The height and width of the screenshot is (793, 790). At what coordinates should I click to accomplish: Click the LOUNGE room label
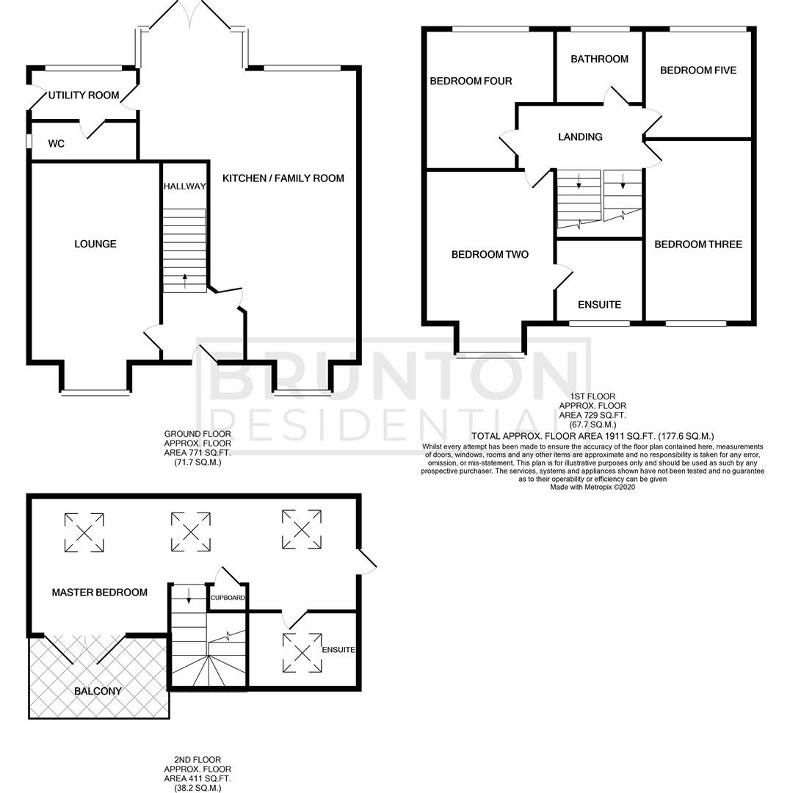[x=95, y=244]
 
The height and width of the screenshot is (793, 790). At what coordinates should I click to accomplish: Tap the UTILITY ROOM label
[x=84, y=95]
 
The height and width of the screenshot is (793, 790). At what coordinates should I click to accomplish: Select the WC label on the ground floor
[x=56, y=144]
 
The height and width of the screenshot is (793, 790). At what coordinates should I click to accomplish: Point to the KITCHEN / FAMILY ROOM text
[x=283, y=178]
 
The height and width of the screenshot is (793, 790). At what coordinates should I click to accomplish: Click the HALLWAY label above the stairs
[x=184, y=187]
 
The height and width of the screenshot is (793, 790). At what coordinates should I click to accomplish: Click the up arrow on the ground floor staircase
[x=184, y=278]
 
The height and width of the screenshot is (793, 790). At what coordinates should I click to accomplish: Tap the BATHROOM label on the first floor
[x=599, y=59]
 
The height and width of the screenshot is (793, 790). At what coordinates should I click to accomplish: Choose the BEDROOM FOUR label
[x=471, y=81]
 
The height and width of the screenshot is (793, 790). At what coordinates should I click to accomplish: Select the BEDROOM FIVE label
[x=697, y=70]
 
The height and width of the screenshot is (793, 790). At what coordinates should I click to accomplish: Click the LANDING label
[x=580, y=137]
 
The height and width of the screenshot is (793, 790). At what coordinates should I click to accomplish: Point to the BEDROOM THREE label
[x=697, y=245]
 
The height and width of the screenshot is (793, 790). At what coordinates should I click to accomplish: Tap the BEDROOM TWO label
[x=490, y=255]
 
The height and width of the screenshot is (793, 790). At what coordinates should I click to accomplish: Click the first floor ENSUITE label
[x=599, y=305]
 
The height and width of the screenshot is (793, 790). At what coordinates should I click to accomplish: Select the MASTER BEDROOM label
[x=99, y=593]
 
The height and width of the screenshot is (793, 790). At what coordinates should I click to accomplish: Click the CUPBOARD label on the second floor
[x=228, y=598]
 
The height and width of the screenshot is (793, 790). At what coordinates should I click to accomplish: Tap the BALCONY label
[x=98, y=691]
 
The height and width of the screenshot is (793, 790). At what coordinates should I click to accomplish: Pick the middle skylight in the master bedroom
[x=191, y=532]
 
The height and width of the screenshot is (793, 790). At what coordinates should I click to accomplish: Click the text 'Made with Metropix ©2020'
[x=592, y=486]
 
